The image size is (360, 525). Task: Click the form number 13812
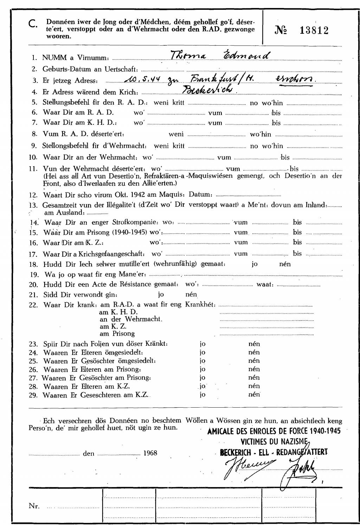click(x=314, y=31)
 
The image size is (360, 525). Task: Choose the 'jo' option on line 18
click(x=255, y=264)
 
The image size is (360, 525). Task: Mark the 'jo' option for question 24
click(x=202, y=352)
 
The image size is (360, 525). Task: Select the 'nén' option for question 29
click(x=254, y=395)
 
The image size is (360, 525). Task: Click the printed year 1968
click(x=150, y=453)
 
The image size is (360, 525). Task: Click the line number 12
click(x=33, y=194)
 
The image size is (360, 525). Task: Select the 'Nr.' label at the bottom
click(x=34, y=506)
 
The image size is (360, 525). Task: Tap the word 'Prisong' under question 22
click(x=123, y=333)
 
